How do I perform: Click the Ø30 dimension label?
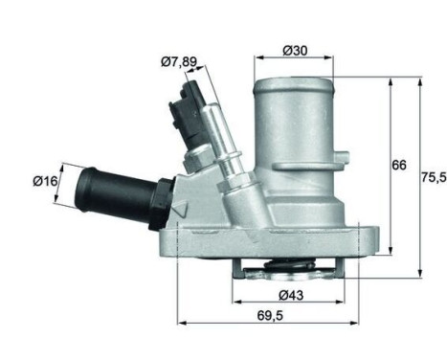coord(294,51)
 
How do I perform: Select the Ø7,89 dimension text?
coord(179,62)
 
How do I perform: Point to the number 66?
coord(398,164)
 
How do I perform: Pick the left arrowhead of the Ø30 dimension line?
coord(257,60)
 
